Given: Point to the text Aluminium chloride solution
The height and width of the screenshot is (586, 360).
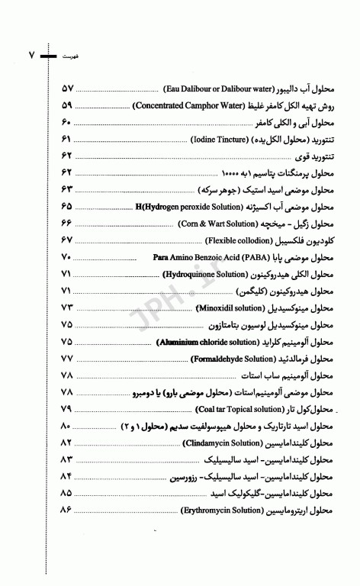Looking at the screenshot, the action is coord(195,343).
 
